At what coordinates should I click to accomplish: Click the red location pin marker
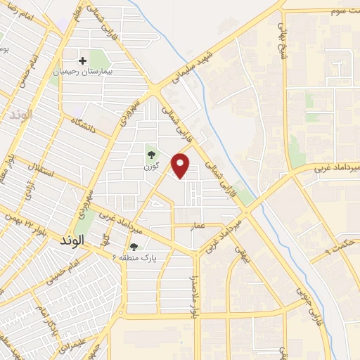coord(181,165)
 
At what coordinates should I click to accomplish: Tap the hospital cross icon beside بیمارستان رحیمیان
coord(83,61)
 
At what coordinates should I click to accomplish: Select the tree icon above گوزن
coord(150,155)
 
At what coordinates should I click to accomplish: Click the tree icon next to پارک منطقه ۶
coord(134,246)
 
